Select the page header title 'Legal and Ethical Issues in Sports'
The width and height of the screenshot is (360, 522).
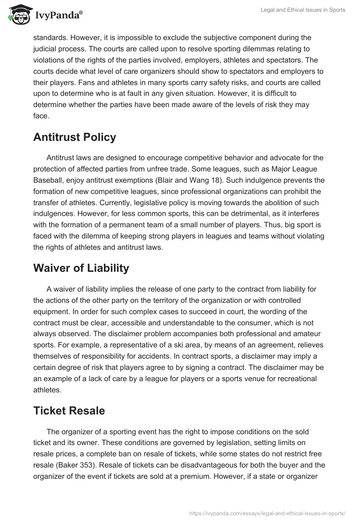303,10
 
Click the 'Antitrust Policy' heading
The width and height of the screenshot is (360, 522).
75,137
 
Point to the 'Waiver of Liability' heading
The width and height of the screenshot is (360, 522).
81,268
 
